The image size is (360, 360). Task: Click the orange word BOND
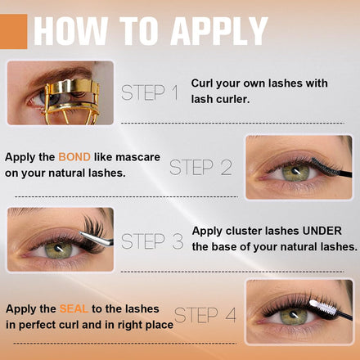[74, 157]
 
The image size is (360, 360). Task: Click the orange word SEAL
[74, 308]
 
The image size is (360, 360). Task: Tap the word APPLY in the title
[219, 31]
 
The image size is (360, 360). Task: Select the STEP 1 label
[150, 92]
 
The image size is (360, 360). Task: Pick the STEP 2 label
[200, 167]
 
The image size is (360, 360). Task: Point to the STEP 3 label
[152, 241]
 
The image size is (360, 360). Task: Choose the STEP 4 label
[205, 315]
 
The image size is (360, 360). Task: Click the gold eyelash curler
[72, 101]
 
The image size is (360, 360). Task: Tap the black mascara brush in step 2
[331, 167]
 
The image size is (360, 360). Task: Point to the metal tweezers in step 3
[96, 238]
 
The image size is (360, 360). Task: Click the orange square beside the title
[13, 31]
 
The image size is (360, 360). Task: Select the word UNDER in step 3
[322, 231]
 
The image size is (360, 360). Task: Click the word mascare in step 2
[137, 157]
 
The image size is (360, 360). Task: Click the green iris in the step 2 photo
[295, 172]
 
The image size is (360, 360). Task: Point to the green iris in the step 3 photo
[58, 249]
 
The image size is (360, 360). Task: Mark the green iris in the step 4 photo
[294, 316]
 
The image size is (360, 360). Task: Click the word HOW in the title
[70, 31]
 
